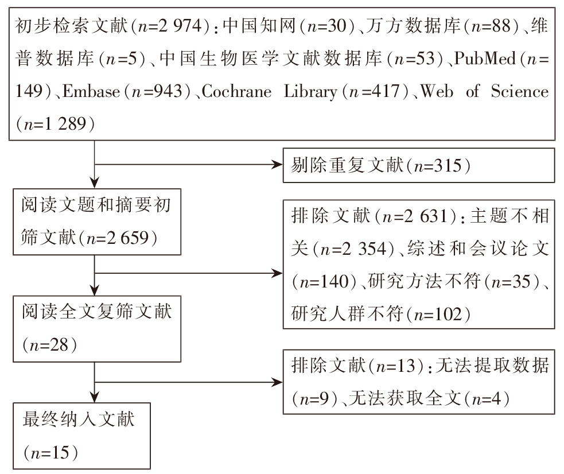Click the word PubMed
click(x=484, y=59)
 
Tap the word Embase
click(x=91, y=91)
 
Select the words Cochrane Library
click(x=270, y=92)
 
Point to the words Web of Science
click(x=485, y=91)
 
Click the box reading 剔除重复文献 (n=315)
click(x=419, y=165)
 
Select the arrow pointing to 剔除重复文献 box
click(x=189, y=165)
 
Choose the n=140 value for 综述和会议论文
click(x=324, y=281)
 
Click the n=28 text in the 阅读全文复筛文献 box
click(x=49, y=345)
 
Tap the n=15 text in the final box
click(x=50, y=452)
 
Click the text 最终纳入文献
click(x=79, y=419)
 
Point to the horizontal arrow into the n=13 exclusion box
click(x=189, y=382)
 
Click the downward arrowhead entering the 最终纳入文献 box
click(x=94, y=398)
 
